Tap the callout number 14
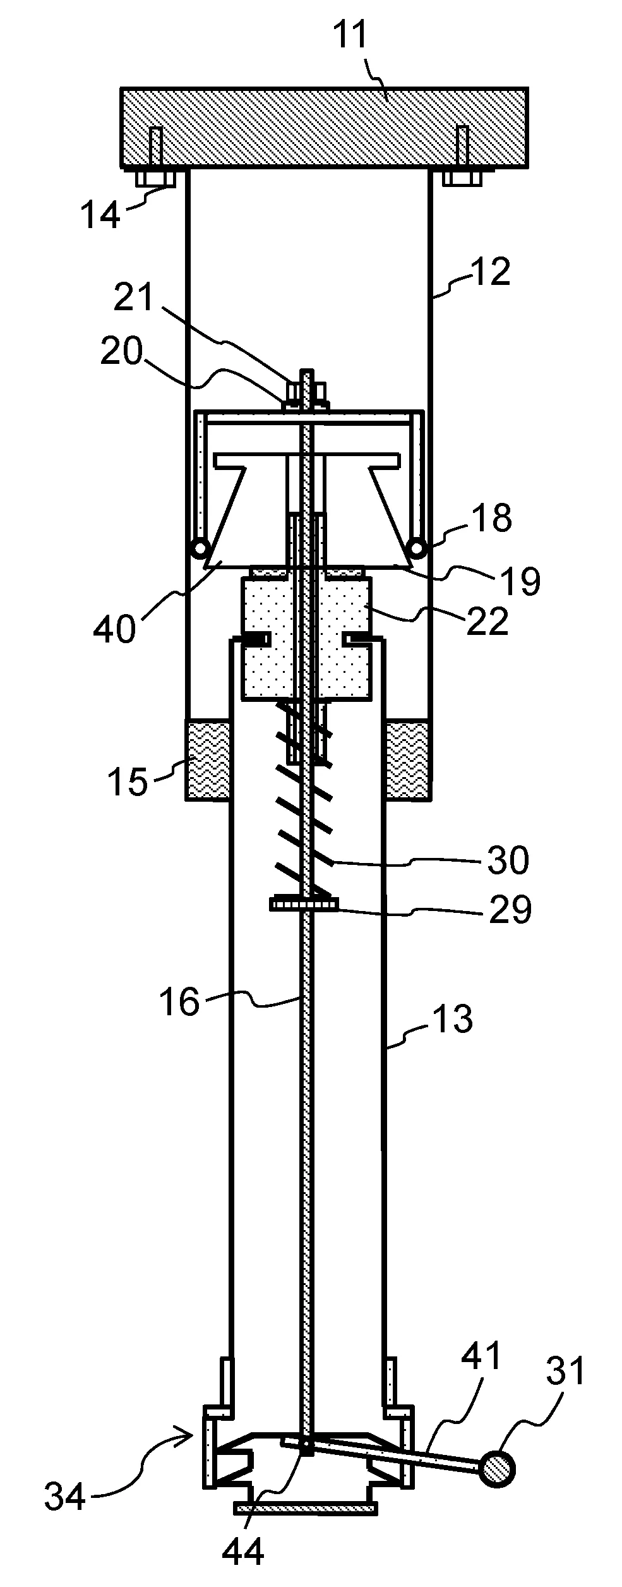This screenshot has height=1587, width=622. (x=100, y=215)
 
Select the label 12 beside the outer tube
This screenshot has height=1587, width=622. (x=490, y=272)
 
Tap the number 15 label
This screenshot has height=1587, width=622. (x=127, y=781)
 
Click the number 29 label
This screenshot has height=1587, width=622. (x=510, y=910)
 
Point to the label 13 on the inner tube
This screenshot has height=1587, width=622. (x=453, y=1018)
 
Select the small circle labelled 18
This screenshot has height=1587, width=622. (x=417, y=546)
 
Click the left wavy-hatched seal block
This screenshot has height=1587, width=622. (x=207, y=759)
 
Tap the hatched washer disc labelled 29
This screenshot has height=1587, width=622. (x=304, y=905)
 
